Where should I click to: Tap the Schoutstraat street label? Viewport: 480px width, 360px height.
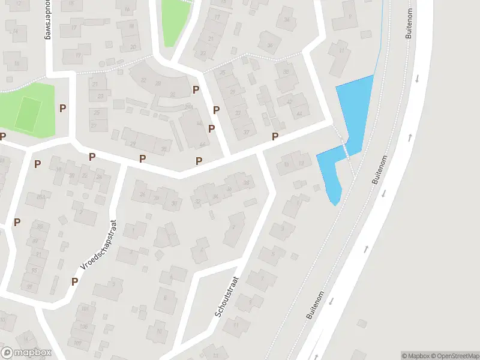pos(227,296)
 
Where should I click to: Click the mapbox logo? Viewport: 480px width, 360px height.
pos(26,353)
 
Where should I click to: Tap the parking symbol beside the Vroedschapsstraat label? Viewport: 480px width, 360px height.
pos(75,281)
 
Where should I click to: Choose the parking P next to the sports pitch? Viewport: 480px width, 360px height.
pos(62,108)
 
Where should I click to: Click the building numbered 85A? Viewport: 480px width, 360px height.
pos(41,196)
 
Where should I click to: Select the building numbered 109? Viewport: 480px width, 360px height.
pos(78,343)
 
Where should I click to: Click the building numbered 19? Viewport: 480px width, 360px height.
pos(78,55)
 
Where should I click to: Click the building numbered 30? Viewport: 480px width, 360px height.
pos(174,202)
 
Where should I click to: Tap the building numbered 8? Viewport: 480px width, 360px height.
pos(165,296)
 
